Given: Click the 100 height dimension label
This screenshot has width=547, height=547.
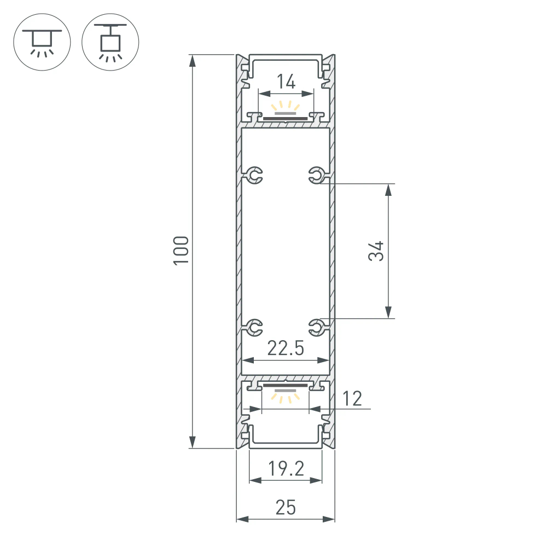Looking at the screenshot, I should [x=182, y=251].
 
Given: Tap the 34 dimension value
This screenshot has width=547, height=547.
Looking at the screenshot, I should [x=376, y=251].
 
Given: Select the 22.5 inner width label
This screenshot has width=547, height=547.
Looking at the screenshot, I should [x=285, y=348].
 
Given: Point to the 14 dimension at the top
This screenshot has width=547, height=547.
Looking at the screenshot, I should [x=286, y=82].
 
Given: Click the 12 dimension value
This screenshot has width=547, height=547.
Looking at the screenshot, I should [x=353, y=399].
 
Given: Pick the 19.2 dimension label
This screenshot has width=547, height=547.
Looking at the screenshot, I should [x=285, y=469].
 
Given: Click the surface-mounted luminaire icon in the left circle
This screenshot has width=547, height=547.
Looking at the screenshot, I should [x=42, y=42].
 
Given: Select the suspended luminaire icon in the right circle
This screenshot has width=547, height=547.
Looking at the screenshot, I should [x=110, y=42].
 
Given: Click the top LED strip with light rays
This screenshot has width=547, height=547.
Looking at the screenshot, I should [x=286, y=112].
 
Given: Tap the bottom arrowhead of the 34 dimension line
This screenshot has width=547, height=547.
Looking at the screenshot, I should [x=388, y=312].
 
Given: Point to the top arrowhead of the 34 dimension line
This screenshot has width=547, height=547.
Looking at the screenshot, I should [x=388, y=190].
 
